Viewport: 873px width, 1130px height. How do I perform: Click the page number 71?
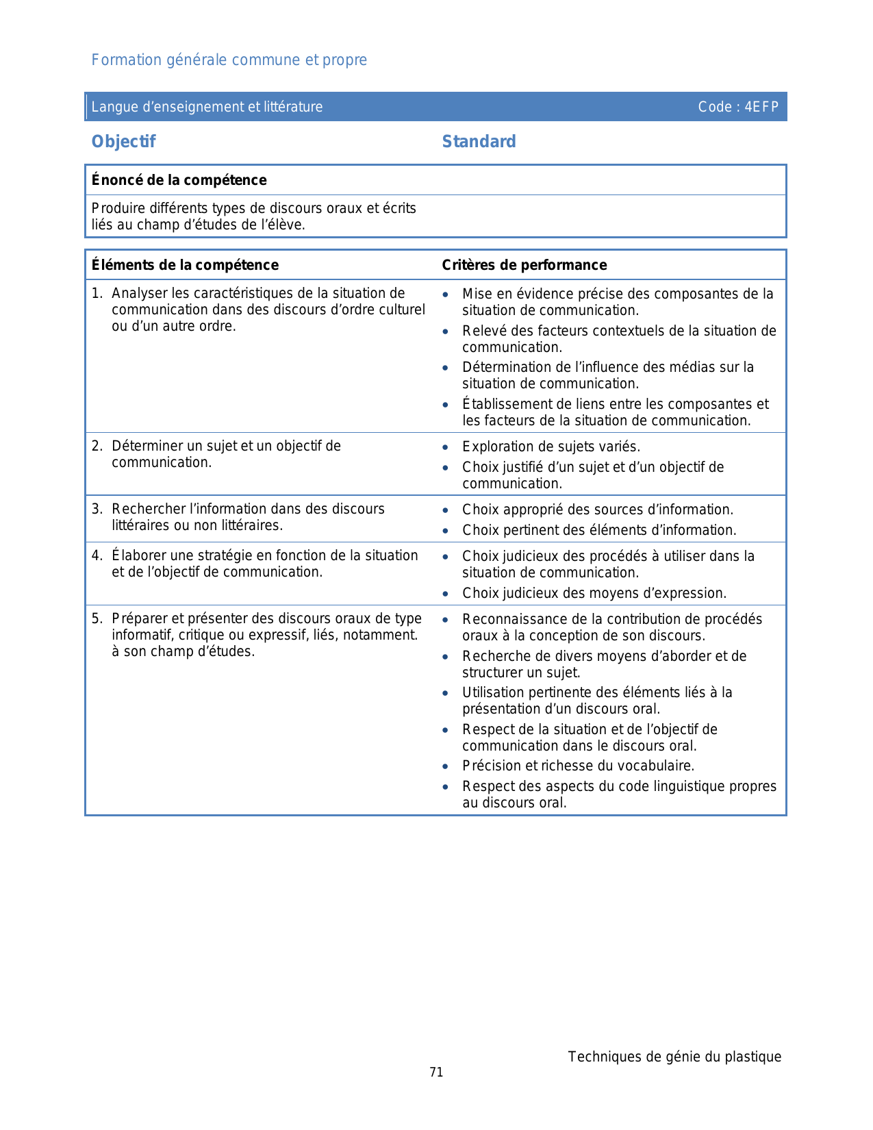(x=436, y=1072)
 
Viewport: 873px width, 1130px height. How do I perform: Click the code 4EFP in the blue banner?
(x=761, y=107)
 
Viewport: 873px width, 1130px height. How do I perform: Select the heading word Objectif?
(x=123, y=142)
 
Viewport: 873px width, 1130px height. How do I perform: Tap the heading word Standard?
(x=479, y=142)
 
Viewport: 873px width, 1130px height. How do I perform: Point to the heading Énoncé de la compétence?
(x=179, y=180)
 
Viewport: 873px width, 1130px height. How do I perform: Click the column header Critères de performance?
(x=524, y=265)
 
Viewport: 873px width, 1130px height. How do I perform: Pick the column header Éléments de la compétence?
(x=185, y=265)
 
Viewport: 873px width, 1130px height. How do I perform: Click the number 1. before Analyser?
(x=97, y=293)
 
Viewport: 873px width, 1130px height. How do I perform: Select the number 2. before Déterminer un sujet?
(x=97, y=446)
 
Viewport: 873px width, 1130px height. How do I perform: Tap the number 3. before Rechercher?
(x=97, y=509)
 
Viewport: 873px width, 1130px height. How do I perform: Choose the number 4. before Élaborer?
(x=97, y=555)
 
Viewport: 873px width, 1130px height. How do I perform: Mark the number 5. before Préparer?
(x=97, y=618)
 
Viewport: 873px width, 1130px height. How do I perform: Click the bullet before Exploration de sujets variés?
(x=446, y=448)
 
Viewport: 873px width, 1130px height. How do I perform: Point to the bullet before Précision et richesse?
(x=446, y=767)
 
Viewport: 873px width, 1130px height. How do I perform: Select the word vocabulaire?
(x=661, y=766)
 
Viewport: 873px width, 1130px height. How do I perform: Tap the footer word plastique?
(x=753, y=1057)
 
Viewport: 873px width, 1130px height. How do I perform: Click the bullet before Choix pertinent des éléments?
(x=446, y=531)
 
